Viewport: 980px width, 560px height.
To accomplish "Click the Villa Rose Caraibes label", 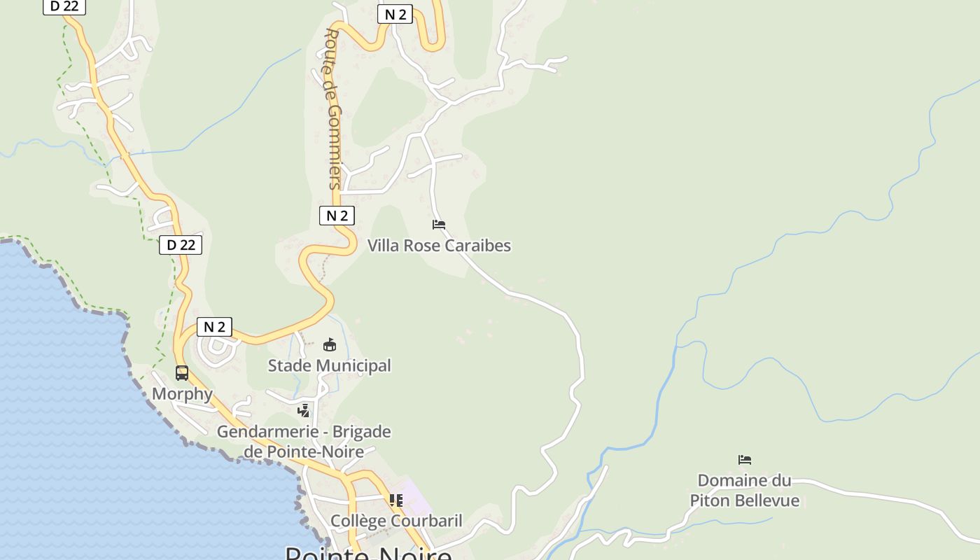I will click(x=439, y=246).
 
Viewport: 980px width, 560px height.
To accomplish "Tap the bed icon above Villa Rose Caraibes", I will click(x=439, y=225).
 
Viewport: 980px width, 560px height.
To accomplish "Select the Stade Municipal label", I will click(x=329, y=365).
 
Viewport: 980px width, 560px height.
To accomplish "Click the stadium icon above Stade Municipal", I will click(x=330, y=344).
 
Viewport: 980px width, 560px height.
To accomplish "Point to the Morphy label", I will click(x=182, y=393).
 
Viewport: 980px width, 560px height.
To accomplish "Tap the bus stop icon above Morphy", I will click(x=182, y=372).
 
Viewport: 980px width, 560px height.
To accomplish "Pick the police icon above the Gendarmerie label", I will click(x=304, y=411).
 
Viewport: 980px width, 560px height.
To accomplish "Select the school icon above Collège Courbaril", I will click(x=396, y=500).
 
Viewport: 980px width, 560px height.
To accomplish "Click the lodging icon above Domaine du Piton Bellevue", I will click(x=745, y=460).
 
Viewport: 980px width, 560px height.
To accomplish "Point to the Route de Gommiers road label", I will click(x=334, y=108).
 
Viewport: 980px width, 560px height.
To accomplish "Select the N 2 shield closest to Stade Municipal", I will click(x=214, y=327).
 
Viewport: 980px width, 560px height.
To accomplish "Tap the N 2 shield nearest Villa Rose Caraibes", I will click(x=337, y=216).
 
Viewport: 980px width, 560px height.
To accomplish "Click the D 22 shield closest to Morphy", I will click(x=181, y=245).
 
